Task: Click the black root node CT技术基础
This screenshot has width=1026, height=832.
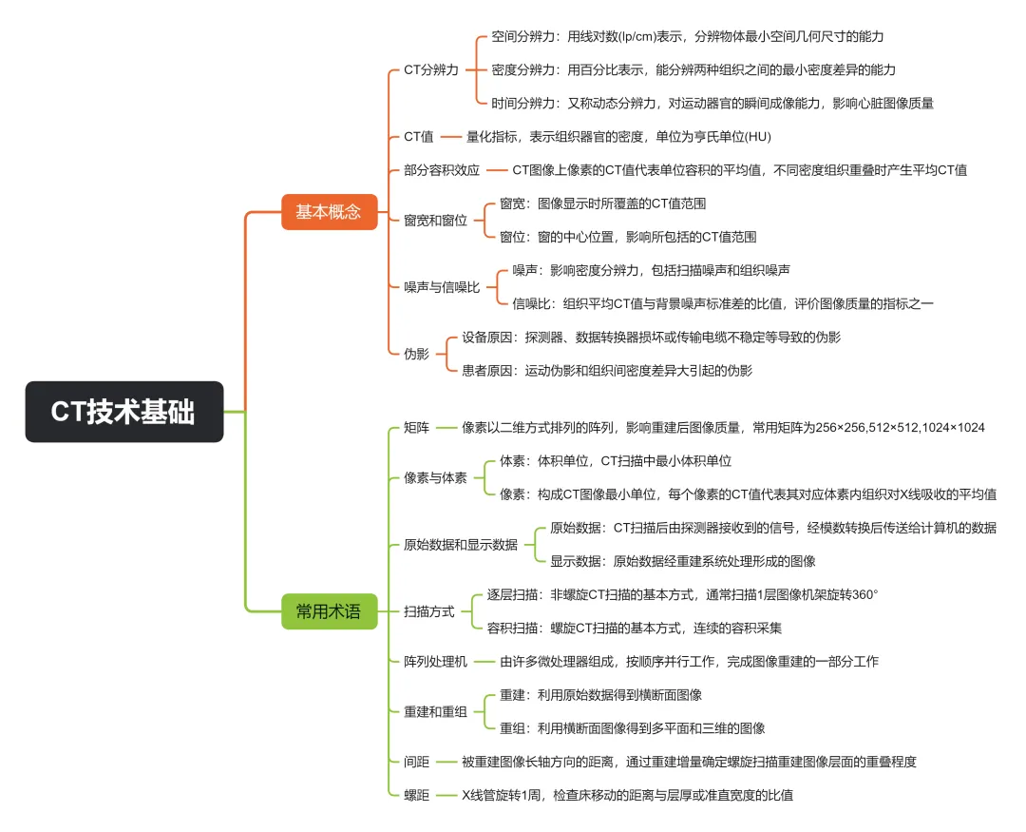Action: pos(124,412)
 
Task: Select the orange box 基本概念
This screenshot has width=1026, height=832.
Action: pos(329,211)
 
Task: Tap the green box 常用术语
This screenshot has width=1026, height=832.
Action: pos(329,611)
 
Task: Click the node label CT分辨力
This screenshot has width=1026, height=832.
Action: pos(431,69)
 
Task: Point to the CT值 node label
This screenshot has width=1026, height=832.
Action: pos(419,137)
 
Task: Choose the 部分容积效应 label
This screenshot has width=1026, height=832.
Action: pos(442,170)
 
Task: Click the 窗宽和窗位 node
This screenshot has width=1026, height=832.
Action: pos(436,220)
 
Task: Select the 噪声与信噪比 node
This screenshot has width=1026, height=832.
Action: pos(442,286)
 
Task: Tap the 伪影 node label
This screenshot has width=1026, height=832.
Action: pos(416,353)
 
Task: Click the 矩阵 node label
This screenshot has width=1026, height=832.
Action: pos(416,427)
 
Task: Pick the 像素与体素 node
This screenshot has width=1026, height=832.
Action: pos(435,477)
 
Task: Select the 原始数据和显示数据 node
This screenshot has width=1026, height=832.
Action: pos(461,544)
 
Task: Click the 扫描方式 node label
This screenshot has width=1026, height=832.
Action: pos(429,610)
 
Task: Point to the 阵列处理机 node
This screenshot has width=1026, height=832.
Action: pos(435,661)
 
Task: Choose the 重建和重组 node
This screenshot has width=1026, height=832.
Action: pos(435,711)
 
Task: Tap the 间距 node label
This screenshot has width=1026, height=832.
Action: pos(416,761)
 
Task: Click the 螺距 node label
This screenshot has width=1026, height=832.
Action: pos(416,794)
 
